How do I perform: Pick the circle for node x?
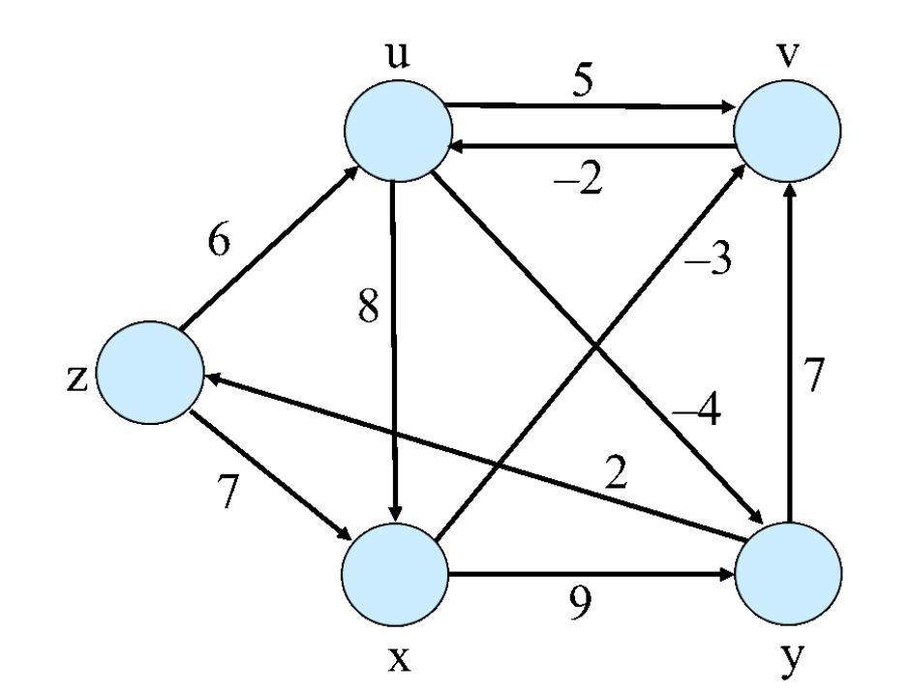[x=395, y=573]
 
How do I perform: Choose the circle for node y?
[x=788, y=573]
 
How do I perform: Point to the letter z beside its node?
[x=76, y=377]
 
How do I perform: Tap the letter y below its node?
[x=791, y=661]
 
